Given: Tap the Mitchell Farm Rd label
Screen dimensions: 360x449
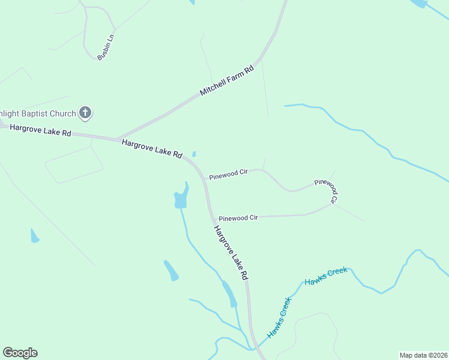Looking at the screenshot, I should coord(227,80).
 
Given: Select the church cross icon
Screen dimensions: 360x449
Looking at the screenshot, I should coord(85,112).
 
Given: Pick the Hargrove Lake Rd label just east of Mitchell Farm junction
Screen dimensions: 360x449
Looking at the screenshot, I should coord(152,148).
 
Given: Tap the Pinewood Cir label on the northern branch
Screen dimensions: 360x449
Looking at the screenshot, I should coord(228,173).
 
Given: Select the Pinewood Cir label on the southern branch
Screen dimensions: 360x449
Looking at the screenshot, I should coord(238,217).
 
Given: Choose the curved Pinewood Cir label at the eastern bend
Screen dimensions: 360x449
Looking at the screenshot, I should coord(328,188).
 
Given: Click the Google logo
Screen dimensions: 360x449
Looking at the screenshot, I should coord(20,353).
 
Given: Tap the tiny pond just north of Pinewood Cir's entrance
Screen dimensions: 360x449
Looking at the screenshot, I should coord(194,154).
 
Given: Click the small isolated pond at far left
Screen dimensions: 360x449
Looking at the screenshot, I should coord(34,236).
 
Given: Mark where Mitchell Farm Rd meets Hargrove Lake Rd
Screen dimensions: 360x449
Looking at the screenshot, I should coord(116,139).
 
